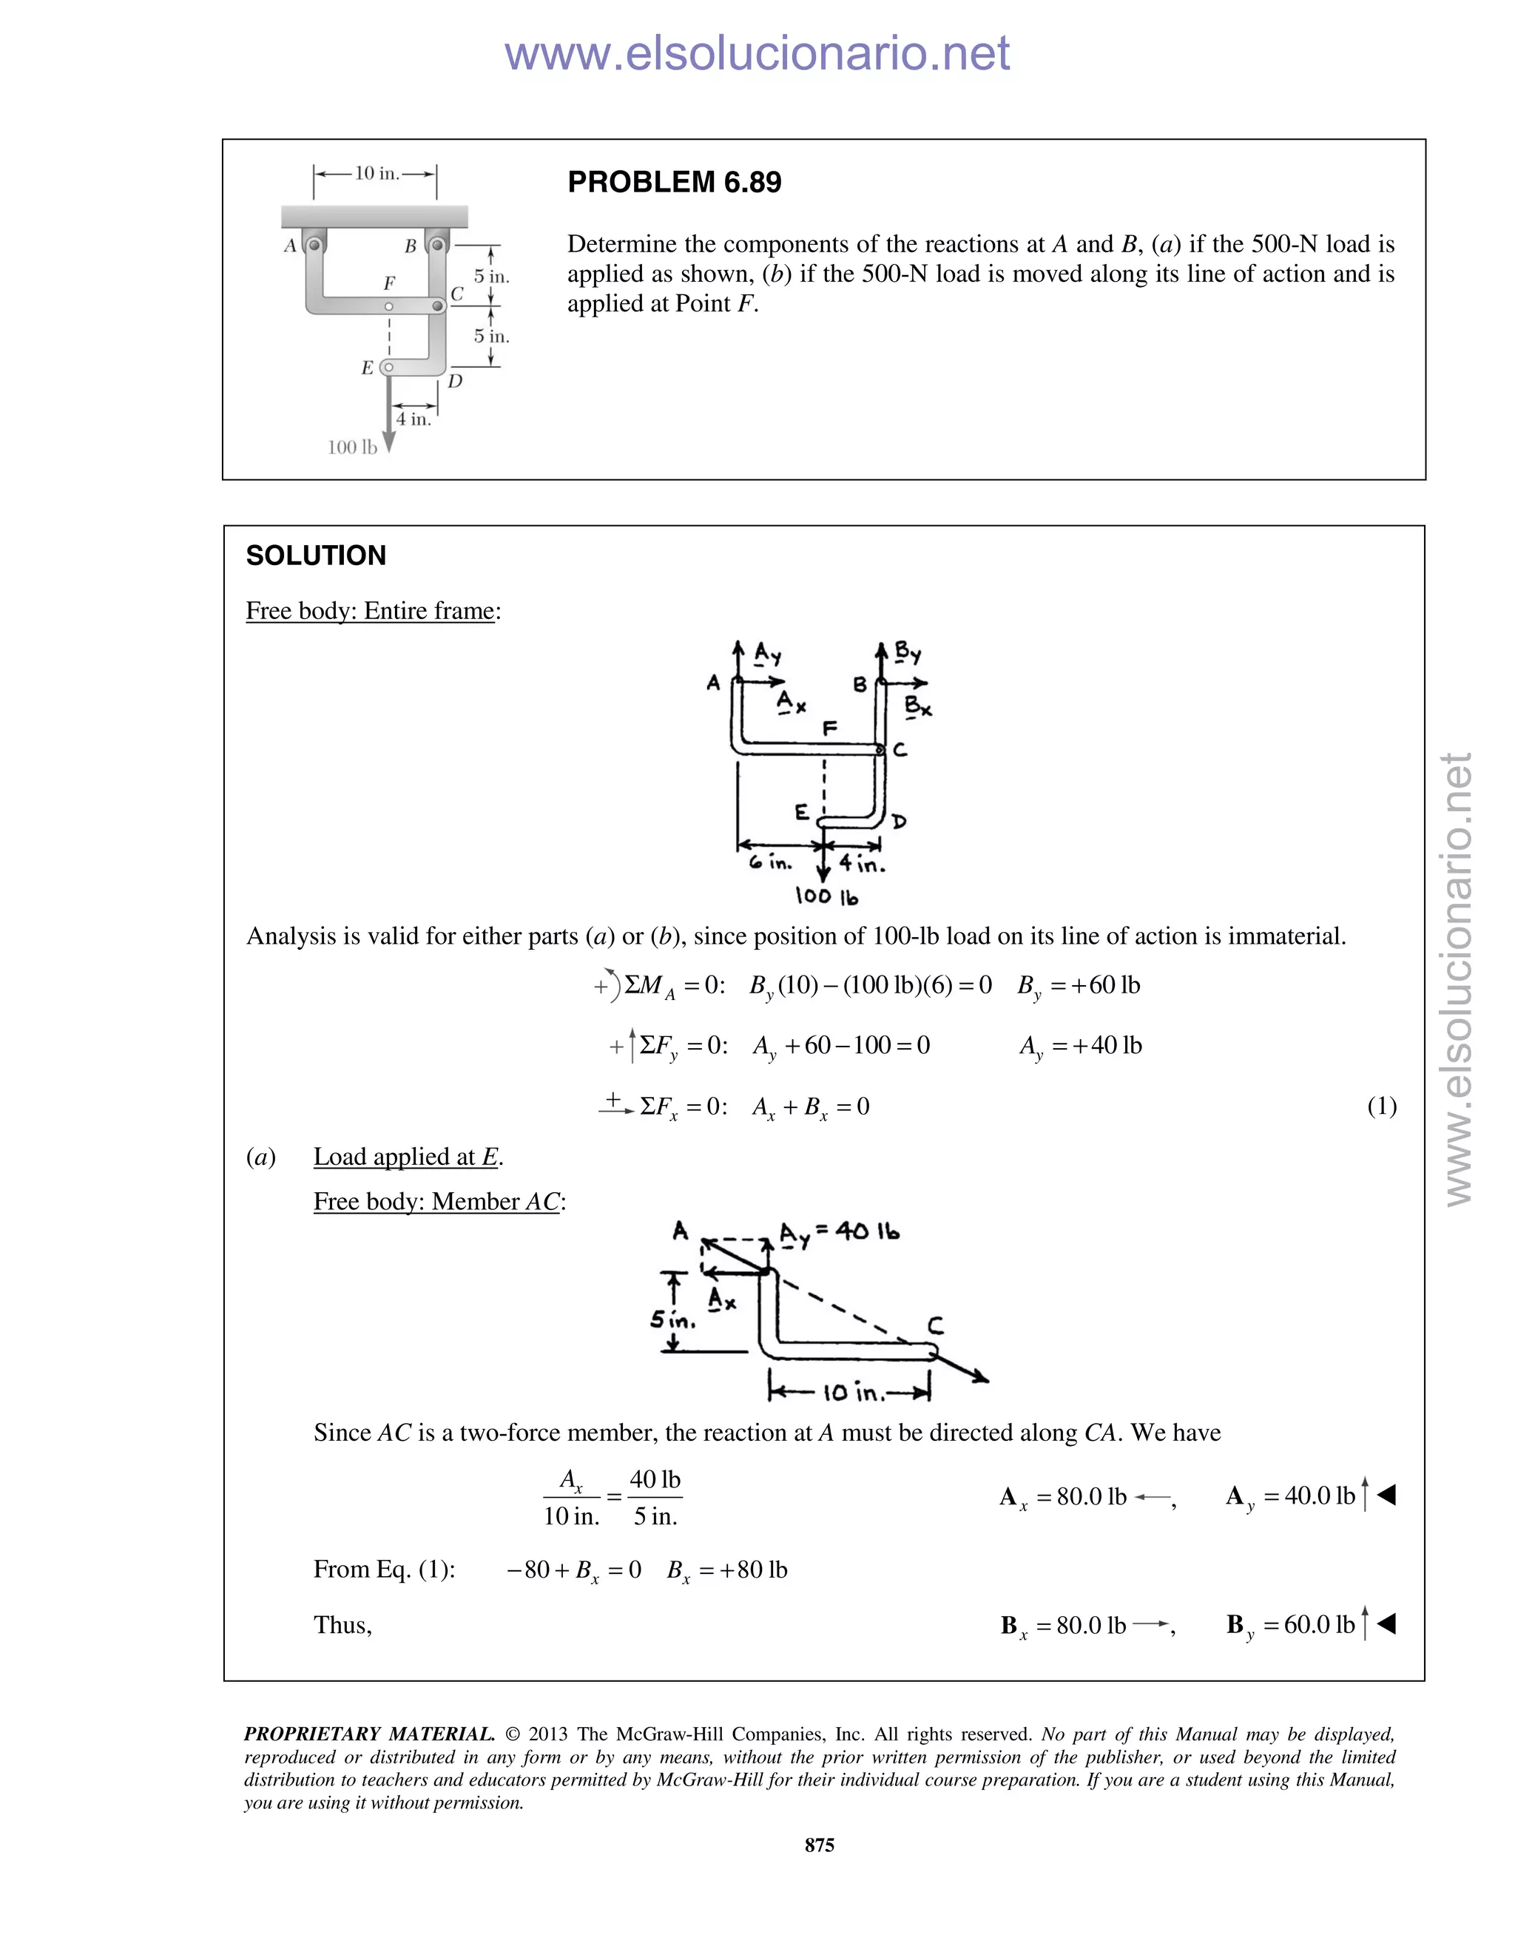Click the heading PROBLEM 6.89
[x=674, y=182]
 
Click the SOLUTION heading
[x=316, y=555]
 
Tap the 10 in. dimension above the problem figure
[x=376, y=173]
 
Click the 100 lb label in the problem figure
[x=352, y=447]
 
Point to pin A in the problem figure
[x=314, y=244]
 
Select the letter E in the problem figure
[x=367, y=368]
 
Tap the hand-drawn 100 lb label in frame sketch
[x=826, y=896]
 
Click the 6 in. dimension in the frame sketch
[x=771, y=863]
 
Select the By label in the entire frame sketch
[x=908, y=652]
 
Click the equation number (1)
[x=1381, y=1106]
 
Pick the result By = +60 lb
[x=1078, y=985]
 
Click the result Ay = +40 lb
[x=1080, y=1046]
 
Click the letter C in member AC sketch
[x=935, y=1325]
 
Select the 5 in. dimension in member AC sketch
[x=672, y=1321]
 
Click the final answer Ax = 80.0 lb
[x=1064, y=1496]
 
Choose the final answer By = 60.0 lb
[x=1292, y=1624]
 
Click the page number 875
[x=820, y=1845]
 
